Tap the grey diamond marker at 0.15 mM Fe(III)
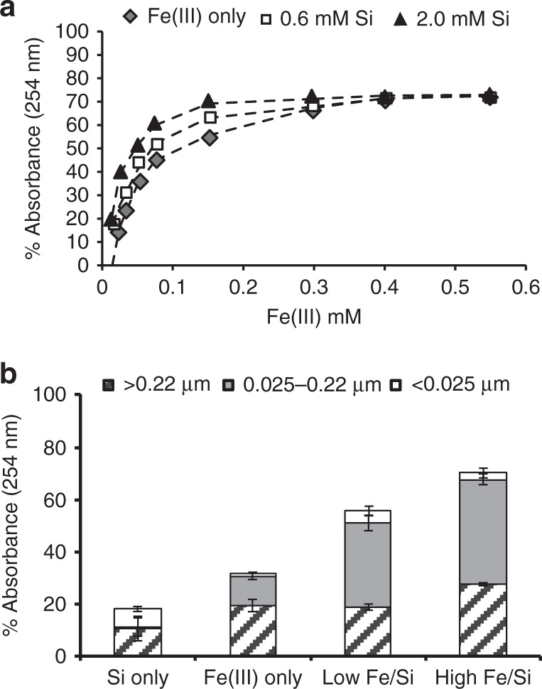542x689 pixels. click(x=209, y=138)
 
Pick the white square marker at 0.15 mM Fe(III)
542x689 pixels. click(x=210, y=117)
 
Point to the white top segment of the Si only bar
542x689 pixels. click(x=137, y=617)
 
